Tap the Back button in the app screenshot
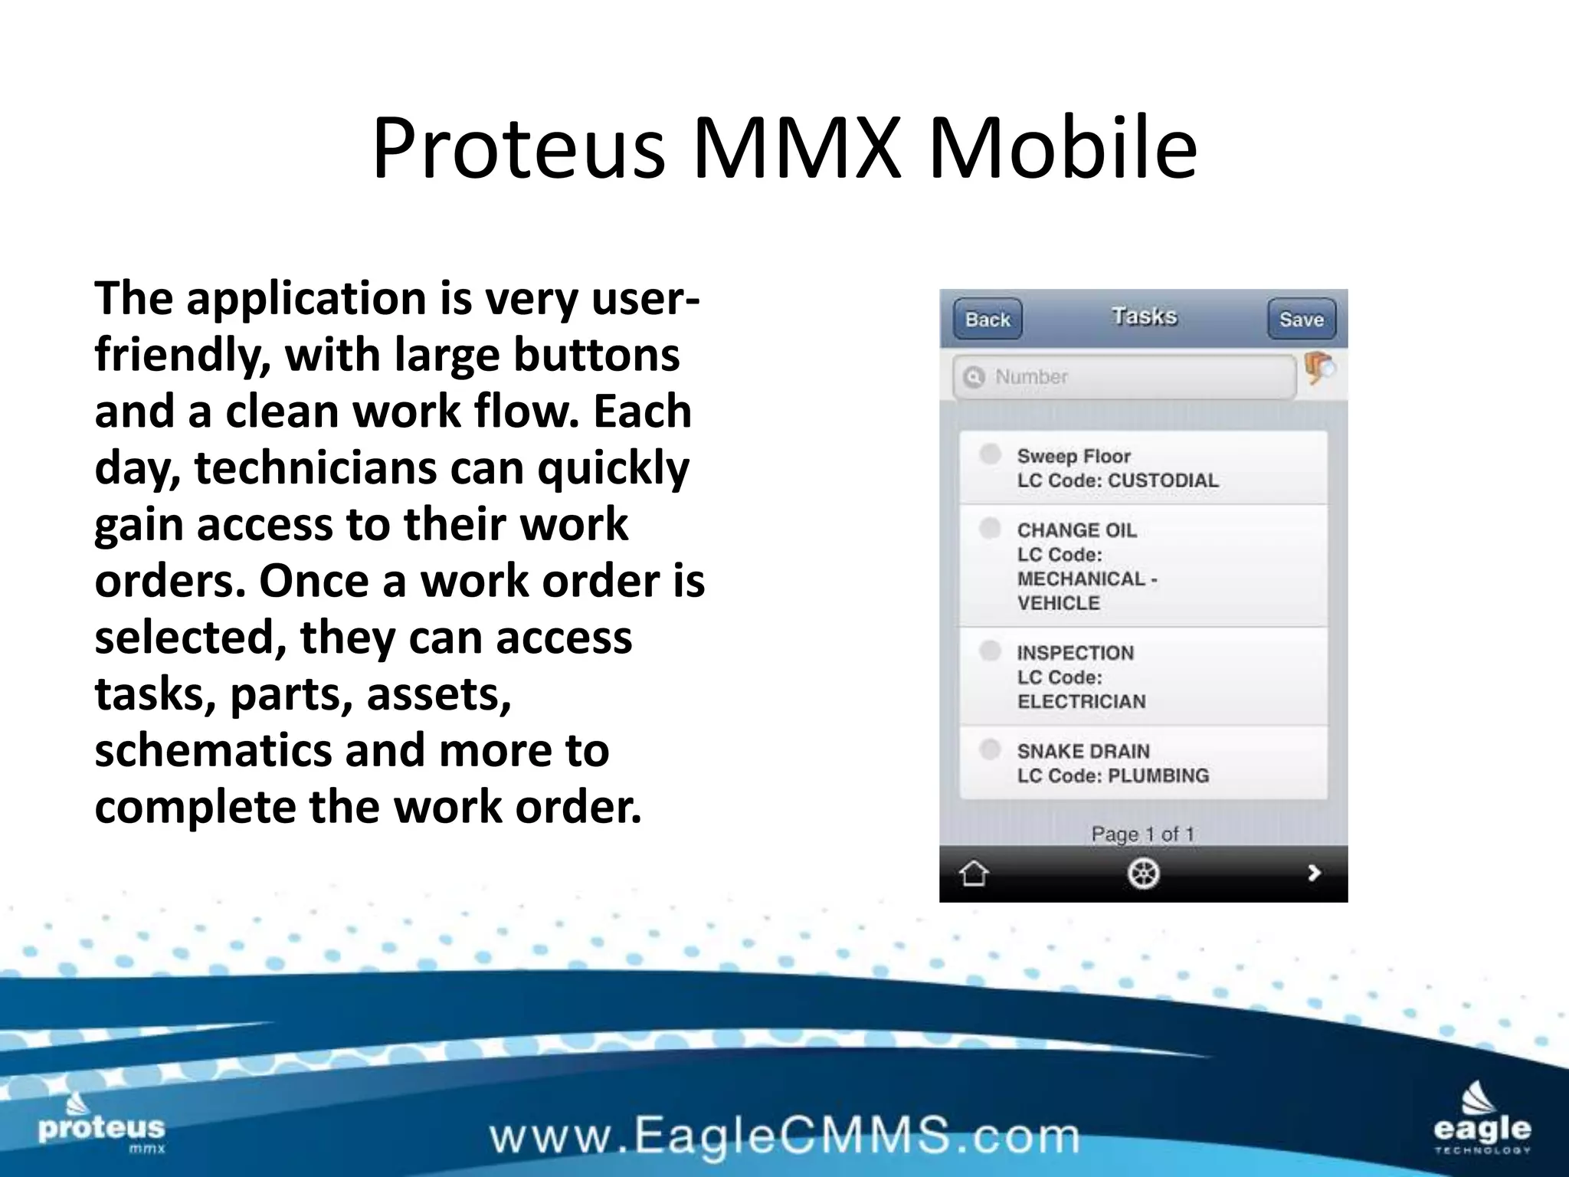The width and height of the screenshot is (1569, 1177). coord(988,319)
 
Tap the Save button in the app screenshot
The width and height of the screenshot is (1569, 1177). coord(1301,319)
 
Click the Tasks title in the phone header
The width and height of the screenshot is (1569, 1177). coord(1144,316)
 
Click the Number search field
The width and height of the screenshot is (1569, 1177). coord(1124,377)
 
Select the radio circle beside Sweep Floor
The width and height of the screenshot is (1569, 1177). coord(990,454)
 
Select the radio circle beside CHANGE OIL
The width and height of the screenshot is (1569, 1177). coord(990,528)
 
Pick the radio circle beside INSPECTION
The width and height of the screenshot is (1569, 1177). coord(990,651)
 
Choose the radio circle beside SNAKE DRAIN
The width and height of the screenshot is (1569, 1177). coord(990,749)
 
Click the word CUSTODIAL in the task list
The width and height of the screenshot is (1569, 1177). coord(1163,480)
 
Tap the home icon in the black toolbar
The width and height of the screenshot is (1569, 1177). coord(974,873)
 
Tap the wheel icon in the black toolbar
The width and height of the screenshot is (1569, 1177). coord(1143,873)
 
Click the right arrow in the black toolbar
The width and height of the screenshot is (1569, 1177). coord(1314,873)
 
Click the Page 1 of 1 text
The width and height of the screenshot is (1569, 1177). coord(1142,834)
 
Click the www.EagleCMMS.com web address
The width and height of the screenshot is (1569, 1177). coord(784,1135)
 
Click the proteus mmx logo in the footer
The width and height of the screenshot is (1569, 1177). coord(101,1126)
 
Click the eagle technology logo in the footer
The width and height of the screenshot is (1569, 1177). coord(1482,1119)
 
